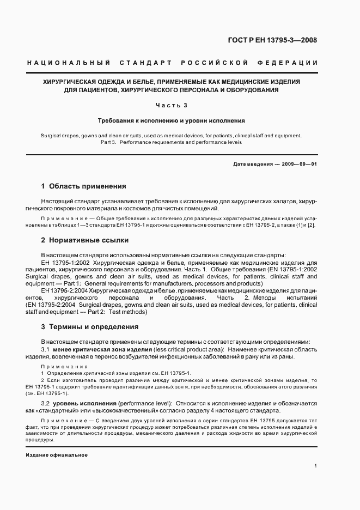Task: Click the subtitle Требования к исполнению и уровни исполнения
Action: coord(172,120)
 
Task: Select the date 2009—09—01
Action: coord(298,164)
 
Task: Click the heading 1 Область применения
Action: coord(84,186)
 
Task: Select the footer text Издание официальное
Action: coord(57,455)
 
